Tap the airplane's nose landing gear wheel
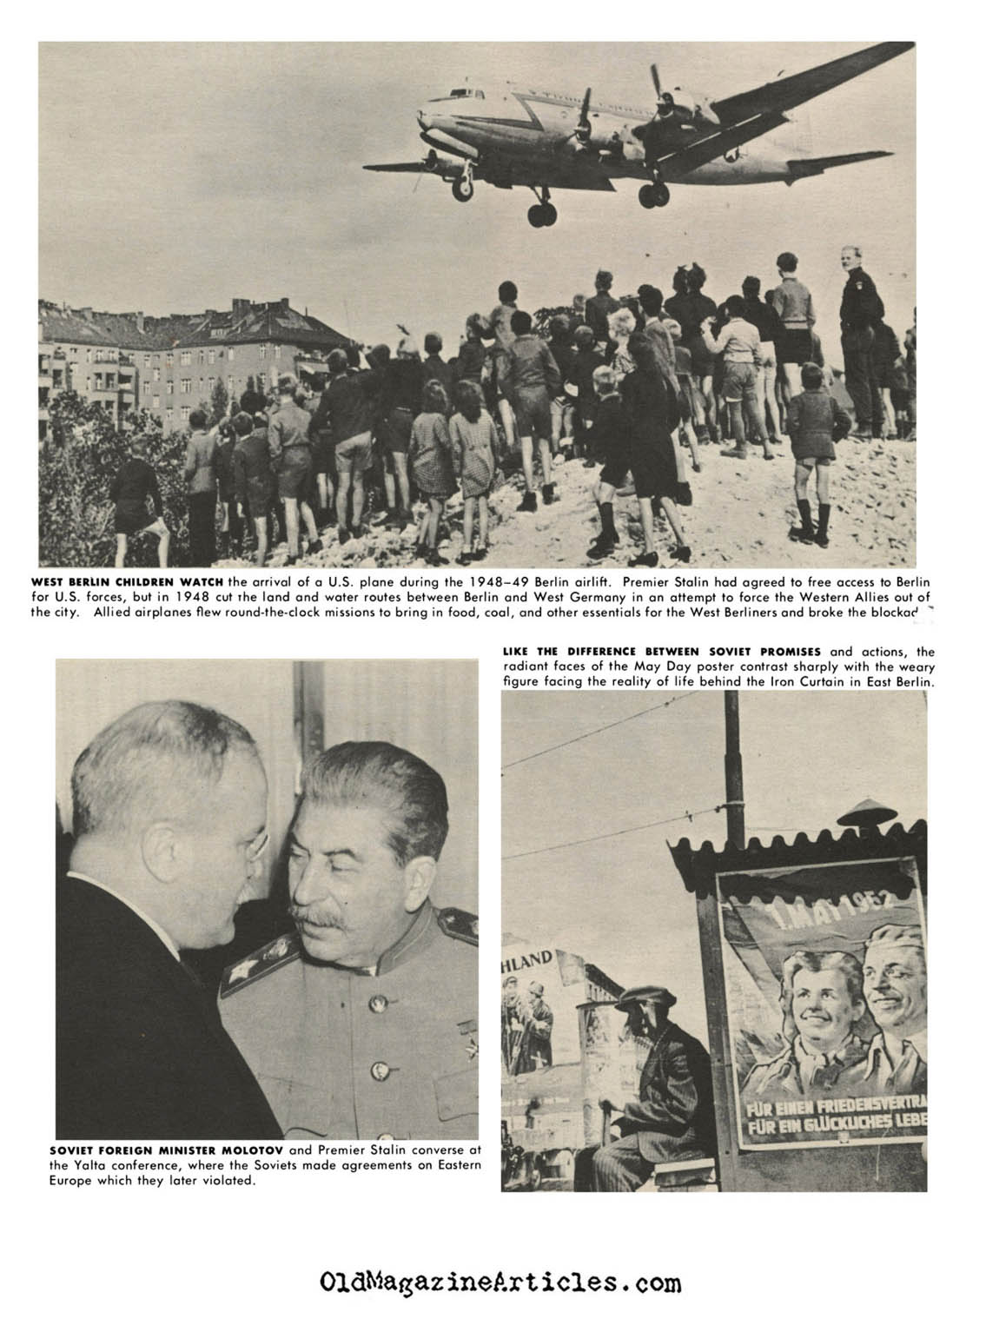pyautogui.click(x=461, y=187)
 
